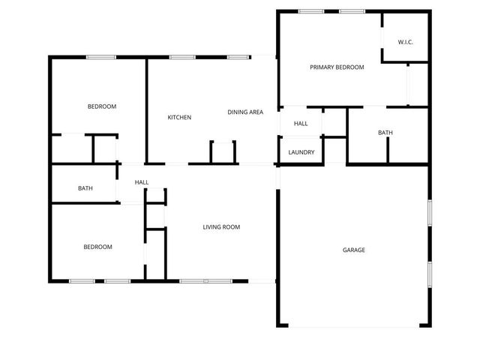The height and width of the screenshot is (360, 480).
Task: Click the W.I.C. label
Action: pyautogui.click(x=406, y=42)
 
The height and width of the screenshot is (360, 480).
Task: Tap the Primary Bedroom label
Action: pyautogui.click(x=337, y=67)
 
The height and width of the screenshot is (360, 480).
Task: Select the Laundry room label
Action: pyautogui.click(x=301, y=152)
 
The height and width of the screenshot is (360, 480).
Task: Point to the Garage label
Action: pyautogui.click(x=354, y=250)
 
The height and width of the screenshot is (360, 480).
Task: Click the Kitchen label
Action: pyautogui.click(x=179, y=118)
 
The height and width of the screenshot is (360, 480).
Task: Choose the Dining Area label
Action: pyautogui.click(x=245, y=112)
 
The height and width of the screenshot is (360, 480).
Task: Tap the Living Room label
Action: pyautogui.click(x=221, y=227)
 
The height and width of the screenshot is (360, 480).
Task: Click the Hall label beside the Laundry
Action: pyautogui.click(x=301, y=124)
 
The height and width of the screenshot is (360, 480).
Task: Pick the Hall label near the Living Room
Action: pyautogui.click(x=142, y=182)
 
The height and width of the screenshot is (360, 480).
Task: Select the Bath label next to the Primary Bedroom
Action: pyautogui.click(x=385, y=133)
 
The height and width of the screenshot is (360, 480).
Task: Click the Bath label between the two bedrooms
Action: pyautogui.click(x=85, y=188)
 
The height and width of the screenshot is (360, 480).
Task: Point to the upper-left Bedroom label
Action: pyautogui.click(x=102, y=106)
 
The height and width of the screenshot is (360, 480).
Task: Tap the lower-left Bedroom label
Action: pyautogui.click(x=97, y=247)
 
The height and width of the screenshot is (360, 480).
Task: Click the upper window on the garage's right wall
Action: pyautogui.click(x=429, y=212)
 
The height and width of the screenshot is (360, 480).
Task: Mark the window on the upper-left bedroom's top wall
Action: pyautogui.click(x=100, y=57)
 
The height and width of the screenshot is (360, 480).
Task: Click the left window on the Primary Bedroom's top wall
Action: pyautogui.click(x=311, y=11)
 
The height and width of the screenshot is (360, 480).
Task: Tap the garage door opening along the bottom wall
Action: pyautogui.click(x=352, y=326)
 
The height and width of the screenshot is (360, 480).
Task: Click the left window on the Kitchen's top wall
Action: pyautogui.click(x=181, y=57)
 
